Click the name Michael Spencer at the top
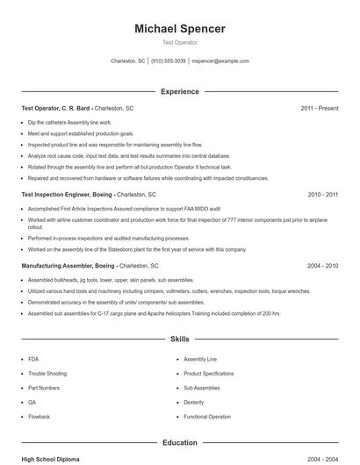pyautogui.click(x=180, y=29)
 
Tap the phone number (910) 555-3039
pyautogui.click(x=168, y=61)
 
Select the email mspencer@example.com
pyautogui.click(x=220, y=61)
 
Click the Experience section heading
pyautogui.click(x=180, y=91)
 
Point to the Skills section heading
pyautogui.click(x=180, y=338)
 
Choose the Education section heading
pyautogui.click(x=180, y=443)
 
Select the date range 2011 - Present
pyautogui.click(x=319, y=108)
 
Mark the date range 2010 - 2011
pyautogui.click(x=322, y=194)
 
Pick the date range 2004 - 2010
pyautogui.click(x=322, y=265)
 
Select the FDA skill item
pyautogui.click(x=33, y=359)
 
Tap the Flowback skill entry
pyautogui.click(x=39, y=417)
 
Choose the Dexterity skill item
pyautogui.click(x=193, y=402)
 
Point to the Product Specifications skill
pyautogui.click(x=209, y=373)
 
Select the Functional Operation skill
pyautogui.click(x=207, y=417)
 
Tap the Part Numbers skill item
pyautogui.click(x=43, y=388)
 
